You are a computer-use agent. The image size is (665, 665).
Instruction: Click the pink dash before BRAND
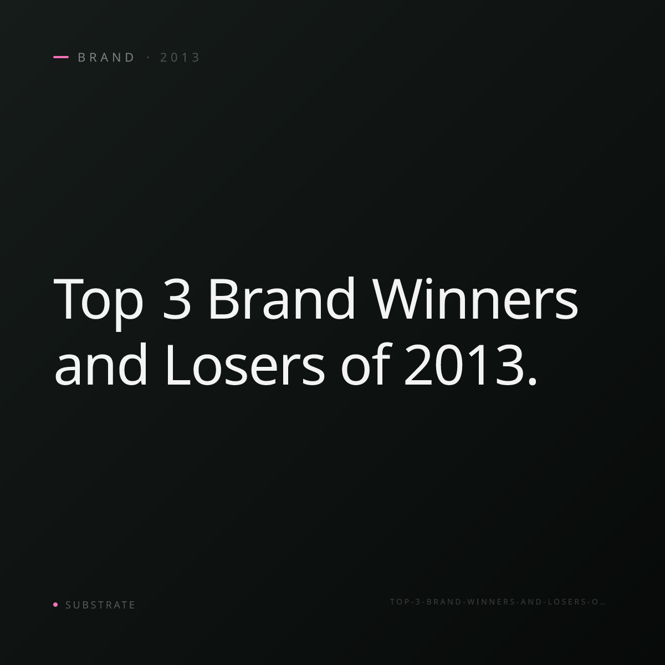click(x=61, y=57)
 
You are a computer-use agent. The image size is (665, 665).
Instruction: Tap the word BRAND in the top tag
click(x=106, y=58)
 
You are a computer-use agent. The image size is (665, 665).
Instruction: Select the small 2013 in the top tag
click(x=180, y=58)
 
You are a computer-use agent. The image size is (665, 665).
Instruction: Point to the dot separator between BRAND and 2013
click(x=149, y=57)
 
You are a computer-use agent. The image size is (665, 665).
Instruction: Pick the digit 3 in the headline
click(x=176, y=299)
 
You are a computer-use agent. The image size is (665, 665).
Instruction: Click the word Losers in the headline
click(x=245, y=365)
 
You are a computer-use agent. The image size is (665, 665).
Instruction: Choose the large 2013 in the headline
click(x=464, y=365)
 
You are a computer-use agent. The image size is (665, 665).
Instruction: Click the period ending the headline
click(x=533, y=381)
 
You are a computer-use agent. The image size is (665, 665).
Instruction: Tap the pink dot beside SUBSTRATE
click(x=55, y=605)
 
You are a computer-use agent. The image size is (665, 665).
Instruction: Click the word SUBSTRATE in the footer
click(x=100, y=605)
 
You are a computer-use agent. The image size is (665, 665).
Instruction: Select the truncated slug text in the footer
click(x=498, y=602)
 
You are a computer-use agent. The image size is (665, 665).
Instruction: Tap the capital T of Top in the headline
click(x=69, y=299)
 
